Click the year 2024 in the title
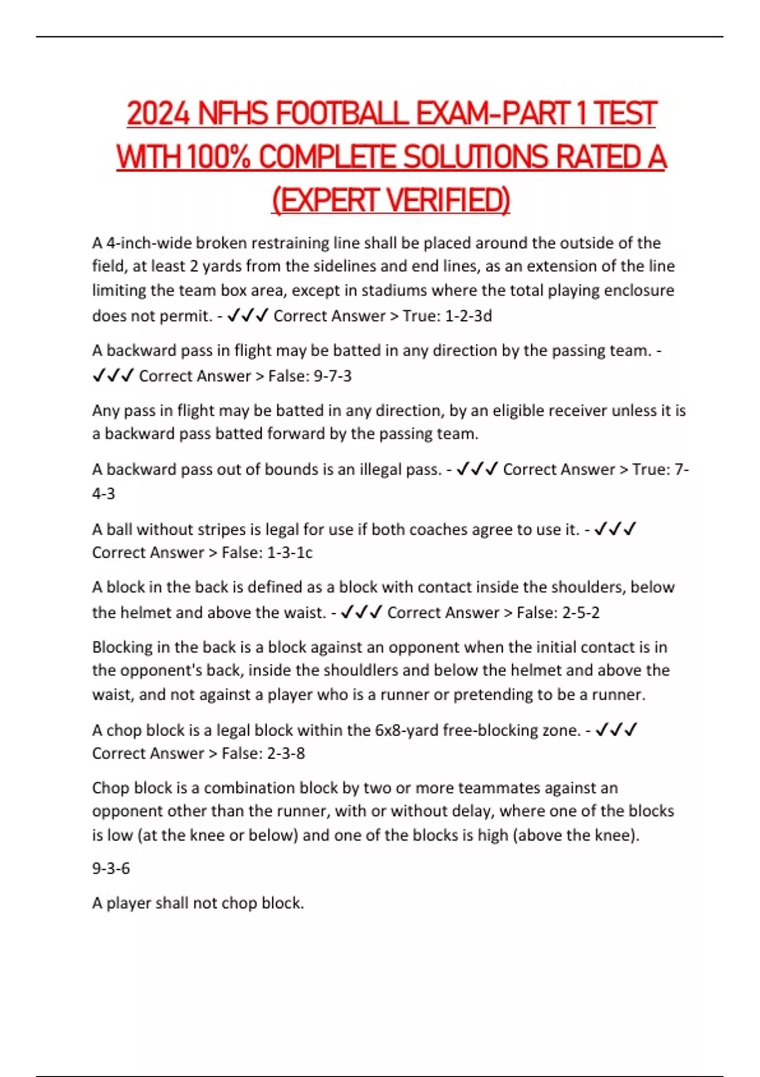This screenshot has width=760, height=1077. (158, 114)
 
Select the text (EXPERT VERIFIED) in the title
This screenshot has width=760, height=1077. (391, 200)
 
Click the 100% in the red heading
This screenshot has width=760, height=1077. (218, 157)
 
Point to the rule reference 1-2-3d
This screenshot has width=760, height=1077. (468, 315)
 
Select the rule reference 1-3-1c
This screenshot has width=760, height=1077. (289, 552)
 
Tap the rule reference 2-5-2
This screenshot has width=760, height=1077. (576, 612)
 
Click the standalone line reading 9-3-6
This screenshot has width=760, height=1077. (111, 868)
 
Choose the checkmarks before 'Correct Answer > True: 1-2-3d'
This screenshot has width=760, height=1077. (247, 315)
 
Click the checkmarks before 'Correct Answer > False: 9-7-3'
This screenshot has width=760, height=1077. (113, 376)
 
